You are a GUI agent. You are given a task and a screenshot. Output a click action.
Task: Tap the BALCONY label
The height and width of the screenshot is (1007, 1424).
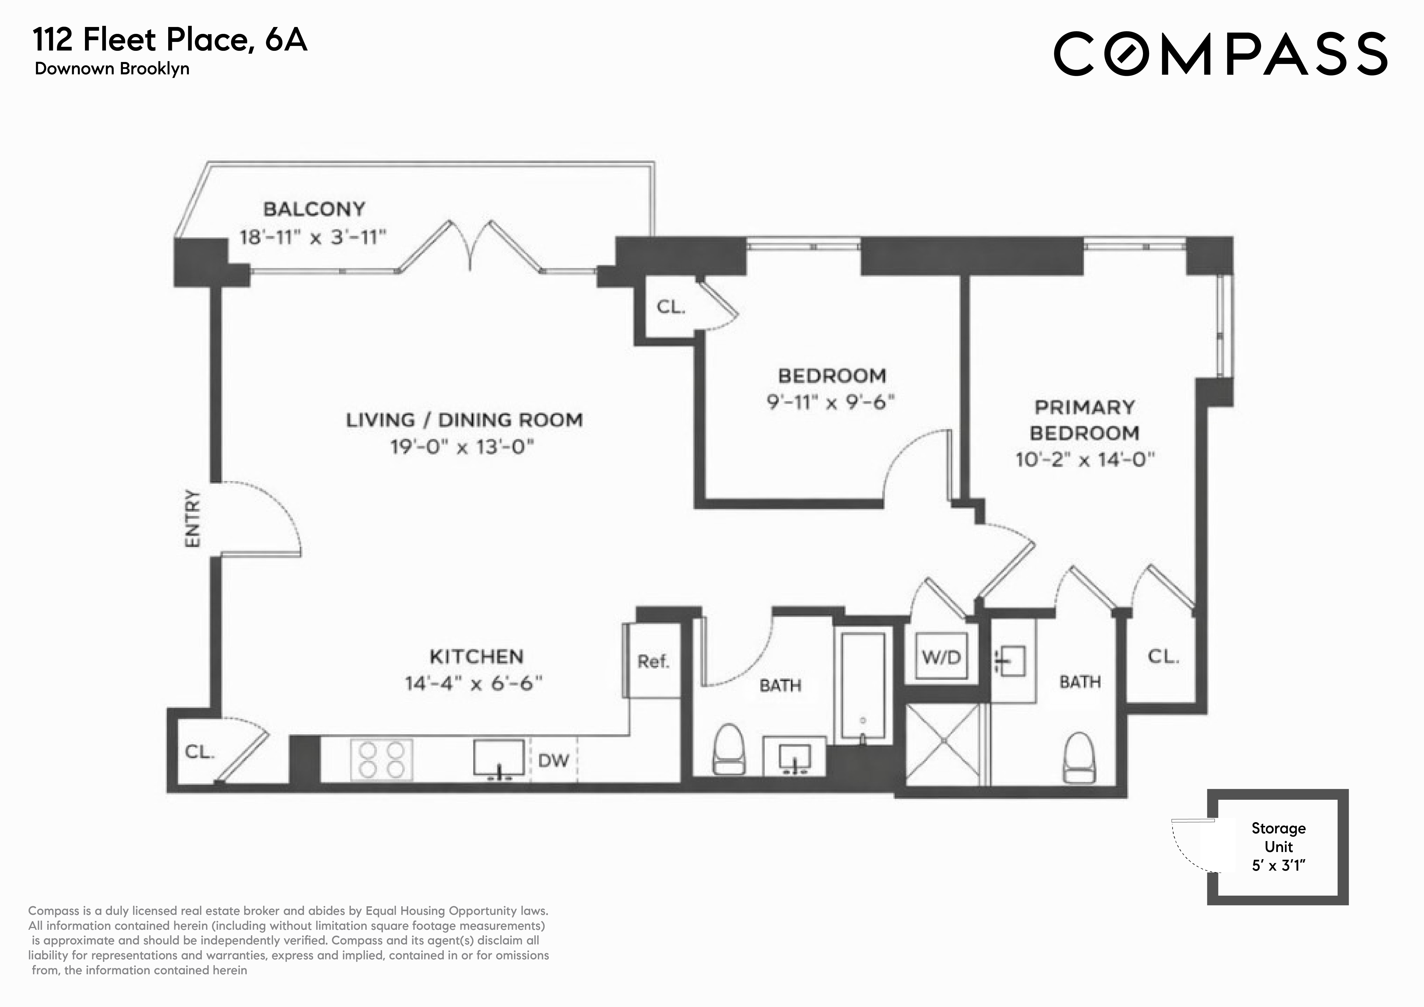(x=314, y=209)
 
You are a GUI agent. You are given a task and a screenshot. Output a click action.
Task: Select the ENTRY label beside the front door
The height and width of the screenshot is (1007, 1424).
(x=193, y=518)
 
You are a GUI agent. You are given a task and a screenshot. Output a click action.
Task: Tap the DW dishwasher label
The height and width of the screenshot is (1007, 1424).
(x=553, y=760)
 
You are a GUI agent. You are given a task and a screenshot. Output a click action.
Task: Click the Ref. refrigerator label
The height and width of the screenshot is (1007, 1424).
(x=653, y=662)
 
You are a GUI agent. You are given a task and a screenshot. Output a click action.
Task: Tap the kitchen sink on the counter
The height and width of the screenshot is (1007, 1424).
(x=499, y=758)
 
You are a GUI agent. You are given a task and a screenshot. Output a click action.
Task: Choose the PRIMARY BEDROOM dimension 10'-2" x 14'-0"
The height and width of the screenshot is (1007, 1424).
(x=1085, y=460)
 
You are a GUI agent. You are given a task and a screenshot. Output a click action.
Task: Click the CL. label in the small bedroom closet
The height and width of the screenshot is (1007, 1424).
(x=671, y=307)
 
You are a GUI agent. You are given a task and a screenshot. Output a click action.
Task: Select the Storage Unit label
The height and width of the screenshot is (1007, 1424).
(x=1278, y=837)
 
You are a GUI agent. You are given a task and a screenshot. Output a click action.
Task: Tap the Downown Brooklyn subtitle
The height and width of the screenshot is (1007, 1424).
(x=112, y=69)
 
